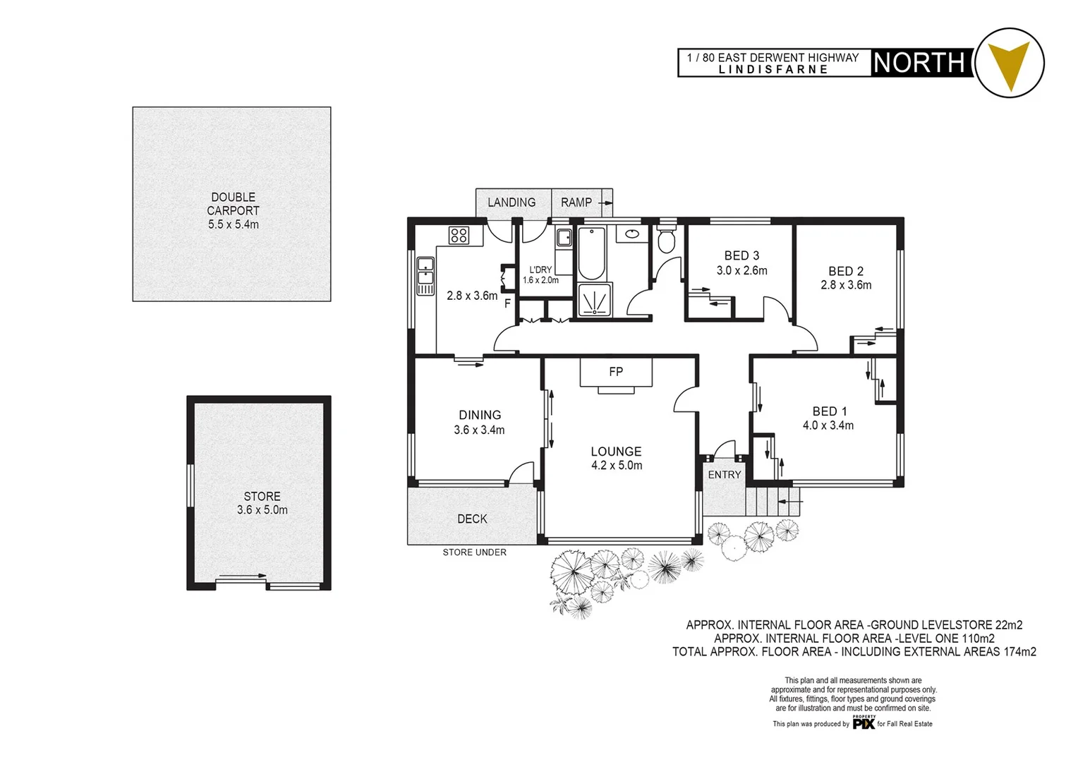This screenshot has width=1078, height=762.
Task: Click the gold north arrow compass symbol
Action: pyautogui.click(x=1010, y=64)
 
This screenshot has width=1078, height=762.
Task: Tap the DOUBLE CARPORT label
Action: pyautogui.click(x=233, y=204)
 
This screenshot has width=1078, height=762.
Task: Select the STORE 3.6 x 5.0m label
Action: pyautogui.click(x=262, y=503)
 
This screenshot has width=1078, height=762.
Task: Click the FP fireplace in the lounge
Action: pyautogui.click(x=616, y=373)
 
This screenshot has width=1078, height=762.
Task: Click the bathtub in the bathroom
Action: pyautogui.click(x=591, y=253)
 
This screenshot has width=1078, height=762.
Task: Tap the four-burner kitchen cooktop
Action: pyautogui.click(x=459, y=235)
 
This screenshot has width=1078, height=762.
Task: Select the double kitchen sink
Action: pyautogui.click(x=425, y=276)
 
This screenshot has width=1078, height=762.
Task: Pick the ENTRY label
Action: pyautogui.click(x=724, y=475)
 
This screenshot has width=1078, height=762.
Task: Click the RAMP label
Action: pyautogui.click(x=576, y=202)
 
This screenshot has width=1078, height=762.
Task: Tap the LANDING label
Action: pyautogui.click(x=511, y=202)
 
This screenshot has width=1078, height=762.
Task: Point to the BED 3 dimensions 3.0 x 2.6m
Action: pyautogui.click(x=741, y=270)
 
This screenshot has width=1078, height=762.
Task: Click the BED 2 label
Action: pyautogui.click(x=845, y=271)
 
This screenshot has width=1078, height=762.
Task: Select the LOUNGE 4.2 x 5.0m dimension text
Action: pyautogui.click(x=616, y=466)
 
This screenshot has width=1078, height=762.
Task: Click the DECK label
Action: pyautogui.click(x=472, y=519)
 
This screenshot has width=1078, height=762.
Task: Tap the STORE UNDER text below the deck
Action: pyautogui.click(x=474, y=552)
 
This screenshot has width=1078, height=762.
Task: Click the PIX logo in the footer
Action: pyautogui.click(x=864, y=722)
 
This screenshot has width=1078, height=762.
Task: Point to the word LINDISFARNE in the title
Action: pyautogui.click(x=773, y=70)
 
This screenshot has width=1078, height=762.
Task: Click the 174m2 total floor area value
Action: pyautogui.click(x=1019, y=652)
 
